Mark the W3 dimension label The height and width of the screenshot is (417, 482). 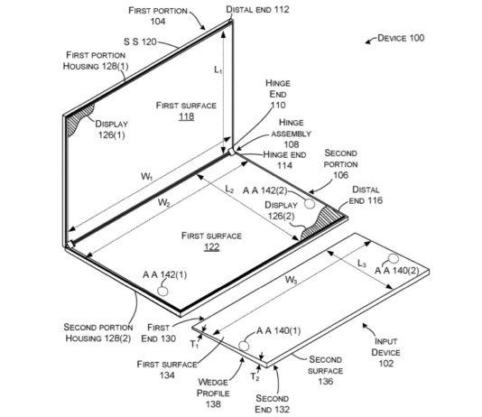292,280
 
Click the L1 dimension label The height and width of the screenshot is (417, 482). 217,69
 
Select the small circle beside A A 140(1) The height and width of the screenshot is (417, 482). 245,346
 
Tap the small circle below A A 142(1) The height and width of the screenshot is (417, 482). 163,292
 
